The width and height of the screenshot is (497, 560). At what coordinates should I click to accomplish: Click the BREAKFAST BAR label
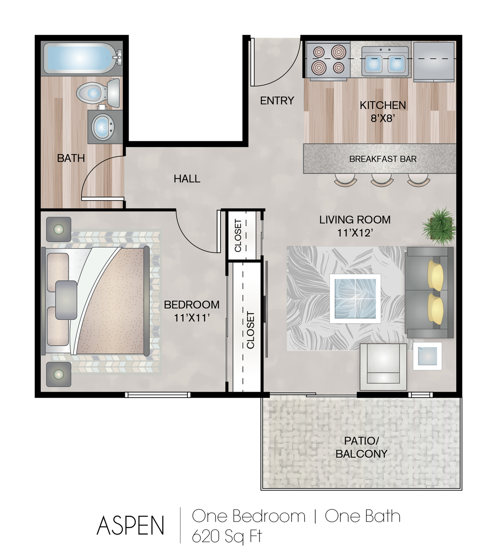click(383, 159)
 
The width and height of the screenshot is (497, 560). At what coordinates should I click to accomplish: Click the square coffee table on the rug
click(355, 299)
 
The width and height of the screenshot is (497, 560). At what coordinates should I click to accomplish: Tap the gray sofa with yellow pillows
click(429, 292)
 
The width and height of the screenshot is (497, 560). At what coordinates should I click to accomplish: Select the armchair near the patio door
click(383, 367)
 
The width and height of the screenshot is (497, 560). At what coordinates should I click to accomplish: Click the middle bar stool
click(382, 180)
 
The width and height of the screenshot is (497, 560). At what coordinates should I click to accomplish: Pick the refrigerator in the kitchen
click(434, 61)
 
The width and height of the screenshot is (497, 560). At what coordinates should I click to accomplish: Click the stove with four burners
click(329, 61)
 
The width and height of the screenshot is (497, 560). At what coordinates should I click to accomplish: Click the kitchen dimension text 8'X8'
click(383, 119)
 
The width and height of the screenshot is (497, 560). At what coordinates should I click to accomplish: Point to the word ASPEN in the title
click(130, 525)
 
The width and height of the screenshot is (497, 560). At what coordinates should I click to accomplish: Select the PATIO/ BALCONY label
click(361, 447)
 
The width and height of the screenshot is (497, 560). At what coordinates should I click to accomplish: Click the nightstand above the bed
click(59, 229)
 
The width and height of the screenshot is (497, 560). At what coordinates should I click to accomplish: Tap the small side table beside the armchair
click(427, 356)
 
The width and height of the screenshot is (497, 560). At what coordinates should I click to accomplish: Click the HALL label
click(187, 179)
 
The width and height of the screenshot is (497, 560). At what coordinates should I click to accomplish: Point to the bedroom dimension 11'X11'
click(191, 318)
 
